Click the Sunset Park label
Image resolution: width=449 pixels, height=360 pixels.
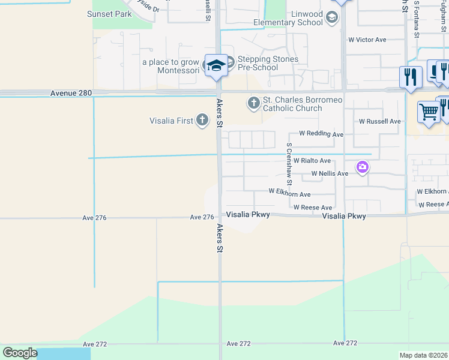(x=109, y=14)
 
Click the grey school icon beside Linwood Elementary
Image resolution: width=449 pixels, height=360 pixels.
(x=331, y=19)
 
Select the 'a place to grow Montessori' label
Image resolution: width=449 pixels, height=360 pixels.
(x=170, y=66)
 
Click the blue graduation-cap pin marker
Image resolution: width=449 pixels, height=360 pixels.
(x=215, y=65)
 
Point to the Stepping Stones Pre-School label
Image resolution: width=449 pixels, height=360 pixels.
(x=268, y=63)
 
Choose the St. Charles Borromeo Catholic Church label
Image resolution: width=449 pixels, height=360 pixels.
(x=292, y=104)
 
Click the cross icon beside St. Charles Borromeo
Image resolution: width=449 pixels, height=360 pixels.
(x=253, y=103)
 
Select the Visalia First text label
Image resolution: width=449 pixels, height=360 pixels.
(x=171, y=121)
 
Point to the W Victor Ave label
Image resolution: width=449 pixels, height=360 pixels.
(x=367, y=40)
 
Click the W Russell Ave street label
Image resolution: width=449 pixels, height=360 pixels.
(x=380, y=121)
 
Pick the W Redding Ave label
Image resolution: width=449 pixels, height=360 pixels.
(x=321, y=134)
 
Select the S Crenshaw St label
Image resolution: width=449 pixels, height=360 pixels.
(x=289, y=164)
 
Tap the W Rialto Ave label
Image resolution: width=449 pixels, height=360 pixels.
(x=312, y=161)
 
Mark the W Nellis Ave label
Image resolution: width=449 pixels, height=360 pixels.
(x=329, y=173)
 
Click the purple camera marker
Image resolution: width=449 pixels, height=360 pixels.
(x=362, y=167)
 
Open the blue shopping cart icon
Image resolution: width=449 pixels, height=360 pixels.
(x=429, y=112)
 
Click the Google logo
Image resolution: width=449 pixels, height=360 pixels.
(x=20, y=353)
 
